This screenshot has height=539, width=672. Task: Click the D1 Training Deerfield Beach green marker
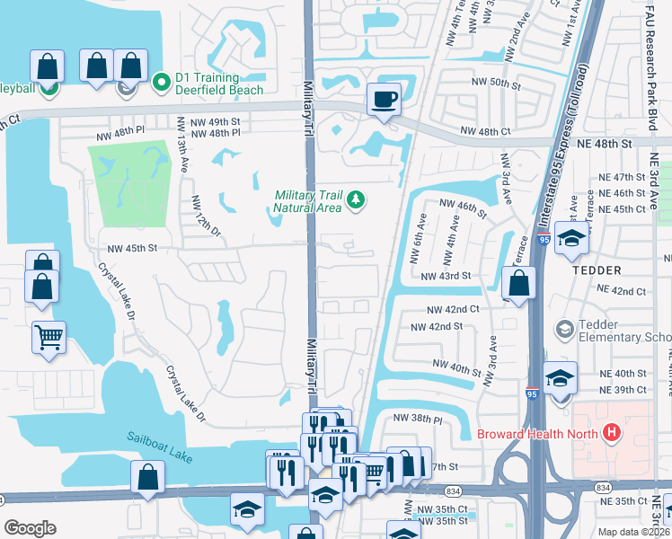tap(162, 84)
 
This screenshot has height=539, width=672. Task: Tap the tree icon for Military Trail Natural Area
tap(357, 199)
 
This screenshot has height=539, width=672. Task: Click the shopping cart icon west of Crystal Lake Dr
tap(49, 338)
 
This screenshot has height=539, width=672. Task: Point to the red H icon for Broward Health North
tap(612, 433)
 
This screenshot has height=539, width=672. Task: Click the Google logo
tap(30, 528)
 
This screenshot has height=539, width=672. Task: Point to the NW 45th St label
tap(132, 249)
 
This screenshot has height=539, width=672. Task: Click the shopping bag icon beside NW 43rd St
tap(519, 284)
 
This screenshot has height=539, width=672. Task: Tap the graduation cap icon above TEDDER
tap(570, 240)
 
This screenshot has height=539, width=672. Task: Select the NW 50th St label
tap(496, 84)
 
